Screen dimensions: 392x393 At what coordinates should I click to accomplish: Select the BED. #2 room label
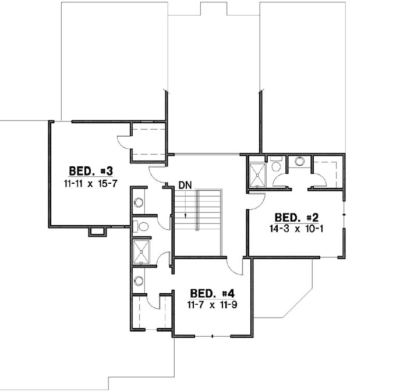coord(295,218)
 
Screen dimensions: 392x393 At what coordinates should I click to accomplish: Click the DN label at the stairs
coord(185,186)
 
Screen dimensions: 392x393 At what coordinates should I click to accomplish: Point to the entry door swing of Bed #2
coord(257,200)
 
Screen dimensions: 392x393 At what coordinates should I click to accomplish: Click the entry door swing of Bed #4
coord(235,267)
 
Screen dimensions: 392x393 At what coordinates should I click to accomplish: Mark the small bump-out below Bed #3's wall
coord(97,232)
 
